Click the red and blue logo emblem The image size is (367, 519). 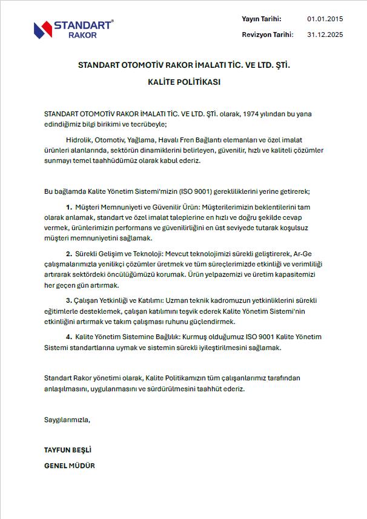pos(43,28)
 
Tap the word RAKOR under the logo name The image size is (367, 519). pos(83,35)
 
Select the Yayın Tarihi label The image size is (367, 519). pos(262,19)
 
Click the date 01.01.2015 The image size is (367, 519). pos(325,19)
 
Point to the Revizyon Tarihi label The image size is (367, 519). pos(267,35)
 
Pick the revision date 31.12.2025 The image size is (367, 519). pos(325,35)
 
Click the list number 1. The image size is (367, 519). pos(69,207)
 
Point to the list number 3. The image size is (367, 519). pos(69,300)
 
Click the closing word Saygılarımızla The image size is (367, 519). pos(67,419)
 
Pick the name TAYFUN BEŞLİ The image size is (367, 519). pos(67,450)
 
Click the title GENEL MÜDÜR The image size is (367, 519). pos(70,466)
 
